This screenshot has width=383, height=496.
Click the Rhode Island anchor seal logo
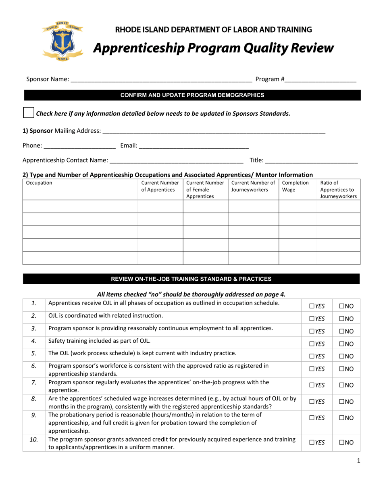click(62, 41)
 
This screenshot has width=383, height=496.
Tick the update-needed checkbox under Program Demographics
click(29, 113)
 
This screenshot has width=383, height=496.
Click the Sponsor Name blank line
click(161, 80)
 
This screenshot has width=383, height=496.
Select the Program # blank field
click(321, 80)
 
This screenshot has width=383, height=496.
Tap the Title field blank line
click(311, 161)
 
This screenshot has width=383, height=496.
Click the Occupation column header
click(39, 183)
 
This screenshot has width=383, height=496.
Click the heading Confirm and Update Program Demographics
click(192, 95)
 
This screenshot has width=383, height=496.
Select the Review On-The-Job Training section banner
click(191, 279)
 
